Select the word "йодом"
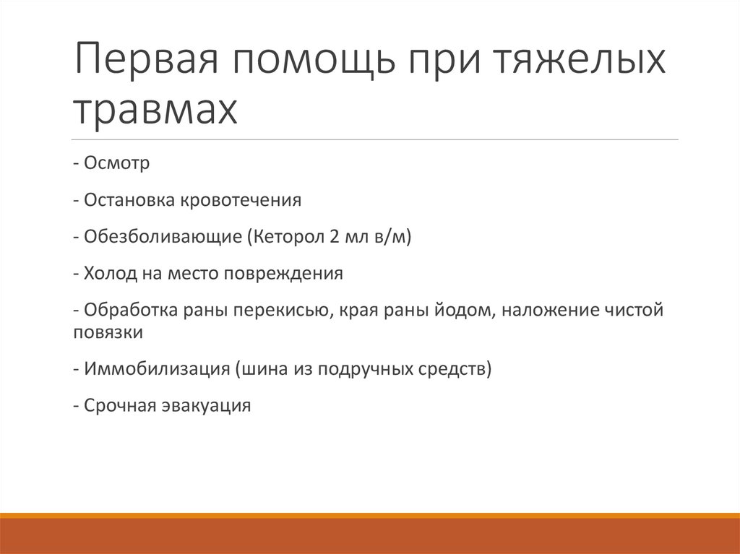[452, 311]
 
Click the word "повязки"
[108, 333]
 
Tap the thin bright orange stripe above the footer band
[370, 515]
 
